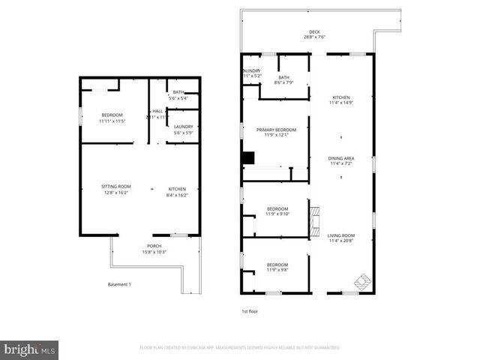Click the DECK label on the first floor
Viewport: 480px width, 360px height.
pyautogui.click(x=314, y=32)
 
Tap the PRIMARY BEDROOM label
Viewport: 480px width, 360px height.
pyautogui.click(x=276, y=129)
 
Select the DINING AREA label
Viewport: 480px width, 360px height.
pyautogui.click(x=341, y=158)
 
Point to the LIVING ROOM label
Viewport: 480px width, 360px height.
pyautogui.click(x=341, y=235)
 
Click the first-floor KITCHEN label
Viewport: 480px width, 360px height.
pyautogui.click(x=341, y=97)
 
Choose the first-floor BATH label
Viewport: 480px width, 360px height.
pyautogui.click(x=283, y=77)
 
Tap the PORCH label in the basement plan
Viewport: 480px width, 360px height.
pyautogui.click(x=154, y=246)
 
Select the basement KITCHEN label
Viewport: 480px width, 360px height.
pyautogui.click(x=177, y=188)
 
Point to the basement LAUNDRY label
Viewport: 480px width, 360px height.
pyautogui.click(x=183, y=127)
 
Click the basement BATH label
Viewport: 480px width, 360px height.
pyautogui.click(x=178, y=91)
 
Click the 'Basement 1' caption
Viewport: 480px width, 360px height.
pyautogui.click(x=120, y=284)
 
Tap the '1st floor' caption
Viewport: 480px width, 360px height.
pyautogui.click(x=250, y=310)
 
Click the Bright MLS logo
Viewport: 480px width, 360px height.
pyautogui.click(x=30, y=349)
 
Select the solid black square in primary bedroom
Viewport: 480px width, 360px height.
pyautogui.click(x=248, y=157)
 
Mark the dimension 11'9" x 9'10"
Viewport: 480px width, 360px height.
pyautogui.click(x=277, y=214)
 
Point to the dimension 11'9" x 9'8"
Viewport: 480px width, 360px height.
pyautogui.click(x=277, y=269)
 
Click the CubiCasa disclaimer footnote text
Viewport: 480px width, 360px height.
pyautogui.click(x=239, y=348)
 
